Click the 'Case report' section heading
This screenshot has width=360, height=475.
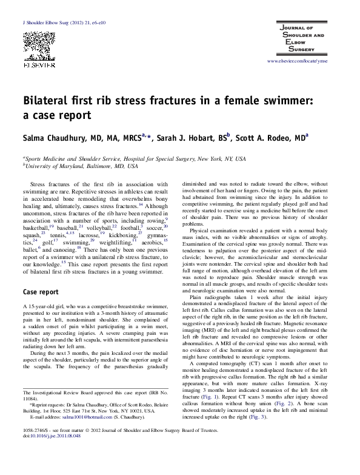tap(41, 292)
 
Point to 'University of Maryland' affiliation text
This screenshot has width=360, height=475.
tap(53, 166)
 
